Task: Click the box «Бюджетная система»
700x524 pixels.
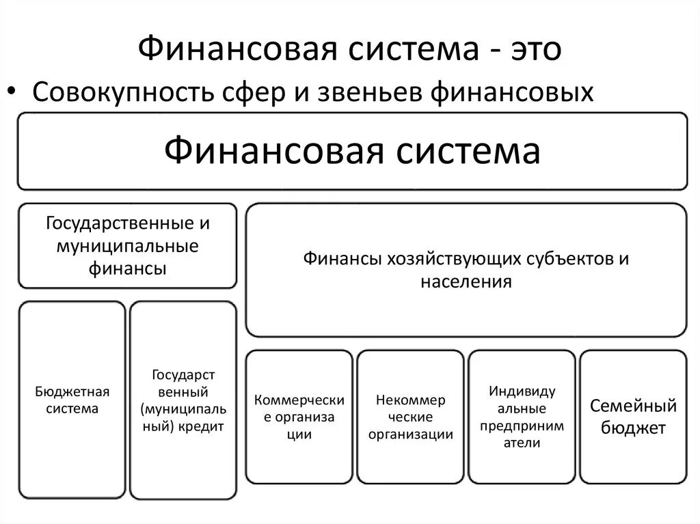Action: tap(72, 400)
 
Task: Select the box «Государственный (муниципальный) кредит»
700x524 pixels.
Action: tap(183, 400)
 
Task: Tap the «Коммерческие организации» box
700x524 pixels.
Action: tap(299, 416)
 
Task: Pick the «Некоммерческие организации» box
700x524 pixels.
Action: tap(410, 416)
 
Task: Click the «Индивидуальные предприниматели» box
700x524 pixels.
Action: tap(522, 416)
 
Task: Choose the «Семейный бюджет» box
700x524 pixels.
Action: tap(632, 416)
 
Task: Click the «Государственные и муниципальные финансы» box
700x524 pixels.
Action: tap(128, 245)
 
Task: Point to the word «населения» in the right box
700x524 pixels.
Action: tap(466, 281)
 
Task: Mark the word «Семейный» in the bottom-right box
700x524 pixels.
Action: tap(633, 406)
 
